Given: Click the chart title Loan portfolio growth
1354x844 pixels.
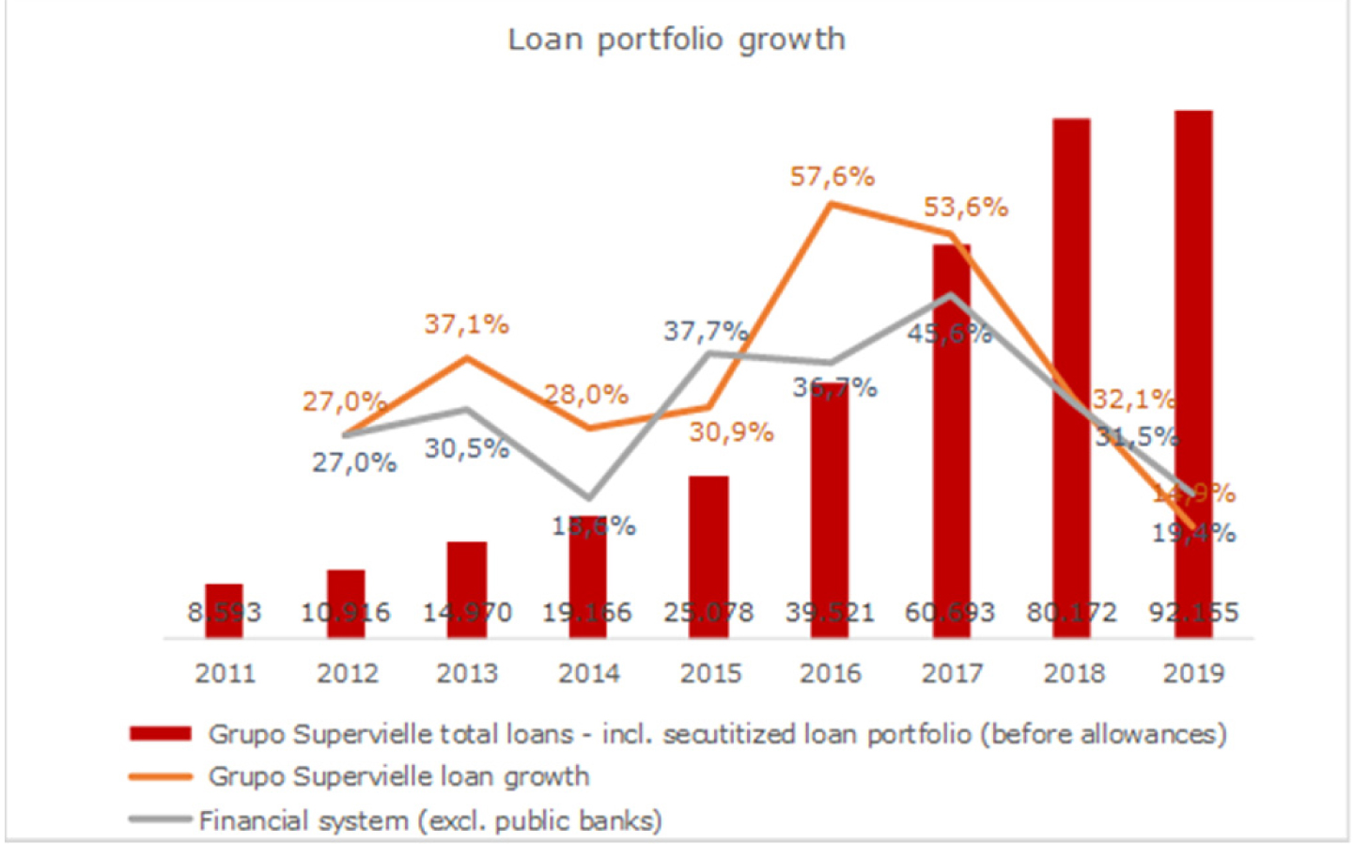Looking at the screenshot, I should pos(676,39).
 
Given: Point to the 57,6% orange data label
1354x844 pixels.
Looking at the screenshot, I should pos(832,177).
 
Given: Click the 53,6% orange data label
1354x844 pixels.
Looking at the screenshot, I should pos(965,207).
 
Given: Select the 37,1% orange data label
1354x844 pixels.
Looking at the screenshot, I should pos(466,324).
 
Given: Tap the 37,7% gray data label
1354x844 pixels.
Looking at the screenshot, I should pos(706,331).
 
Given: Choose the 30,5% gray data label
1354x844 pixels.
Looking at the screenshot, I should pos(466,448).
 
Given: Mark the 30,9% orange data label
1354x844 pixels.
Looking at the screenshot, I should pos(731,432).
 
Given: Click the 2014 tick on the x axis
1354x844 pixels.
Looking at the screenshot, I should pos(589,673).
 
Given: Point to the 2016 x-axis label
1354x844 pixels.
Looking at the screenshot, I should pos(831,673).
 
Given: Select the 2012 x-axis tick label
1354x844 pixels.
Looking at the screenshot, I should pos(347,673).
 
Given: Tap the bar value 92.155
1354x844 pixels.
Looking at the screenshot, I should pos(1193,613).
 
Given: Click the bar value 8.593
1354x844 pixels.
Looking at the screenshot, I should pos(224,613).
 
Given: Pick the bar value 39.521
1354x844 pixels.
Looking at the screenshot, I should pos(831,613).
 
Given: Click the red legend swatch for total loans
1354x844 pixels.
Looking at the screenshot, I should pos(161,733).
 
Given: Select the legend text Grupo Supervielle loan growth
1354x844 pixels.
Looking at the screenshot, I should pos(398,776).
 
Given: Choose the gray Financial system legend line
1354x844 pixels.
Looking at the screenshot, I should pos(161,820).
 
